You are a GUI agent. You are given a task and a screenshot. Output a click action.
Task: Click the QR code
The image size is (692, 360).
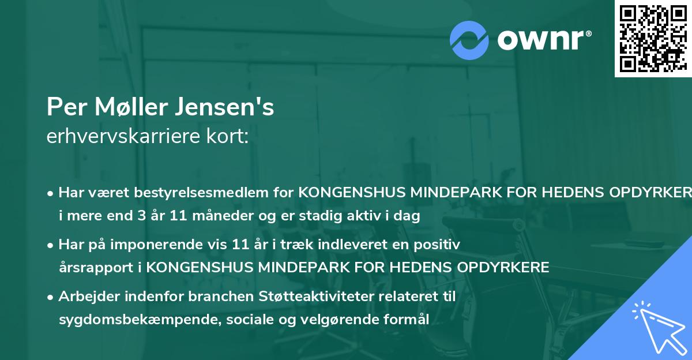point(653,38)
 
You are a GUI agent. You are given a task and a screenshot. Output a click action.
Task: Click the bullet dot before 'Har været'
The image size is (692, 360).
point(51,193)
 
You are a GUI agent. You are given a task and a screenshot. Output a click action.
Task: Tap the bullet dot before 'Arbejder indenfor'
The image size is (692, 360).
point(51,297)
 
